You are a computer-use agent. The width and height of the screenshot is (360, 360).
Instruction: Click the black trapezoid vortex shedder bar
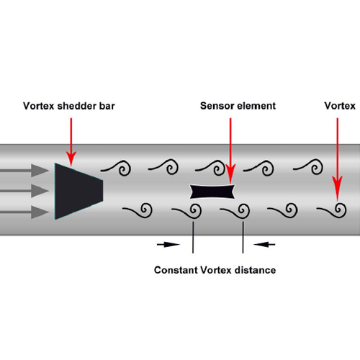tap(78, 192)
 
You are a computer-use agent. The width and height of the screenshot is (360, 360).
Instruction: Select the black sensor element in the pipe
tap(212, 192)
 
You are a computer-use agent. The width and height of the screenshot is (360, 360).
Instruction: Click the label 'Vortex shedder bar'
tap(69, 106)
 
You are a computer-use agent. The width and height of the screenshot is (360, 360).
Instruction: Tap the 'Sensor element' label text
tap(238, 106)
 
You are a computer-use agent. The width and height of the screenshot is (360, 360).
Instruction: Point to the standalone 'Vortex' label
tap(340, 106)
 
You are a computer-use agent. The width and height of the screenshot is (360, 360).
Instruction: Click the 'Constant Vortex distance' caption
tap(215, 270)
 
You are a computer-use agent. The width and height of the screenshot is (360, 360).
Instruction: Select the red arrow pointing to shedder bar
tap(71, 142)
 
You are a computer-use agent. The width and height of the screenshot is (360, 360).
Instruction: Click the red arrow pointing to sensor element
tap(230, 150)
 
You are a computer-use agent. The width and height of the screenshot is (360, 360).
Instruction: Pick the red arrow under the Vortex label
tap(338, 160)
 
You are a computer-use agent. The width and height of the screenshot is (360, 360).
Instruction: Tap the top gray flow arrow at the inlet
tap(24, 171)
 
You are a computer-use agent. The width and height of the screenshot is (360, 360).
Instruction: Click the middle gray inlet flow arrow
tap(24, 191)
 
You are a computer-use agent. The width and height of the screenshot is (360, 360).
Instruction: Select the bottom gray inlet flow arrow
tap(24, 212)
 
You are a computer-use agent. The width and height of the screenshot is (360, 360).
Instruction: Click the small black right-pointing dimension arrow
tap(168, 245)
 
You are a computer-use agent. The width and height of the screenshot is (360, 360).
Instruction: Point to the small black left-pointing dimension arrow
tap(264, 245)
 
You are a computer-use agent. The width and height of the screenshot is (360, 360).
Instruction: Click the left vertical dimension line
tap(193, 237)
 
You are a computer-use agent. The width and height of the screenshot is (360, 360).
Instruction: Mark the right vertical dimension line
tap(243, 237)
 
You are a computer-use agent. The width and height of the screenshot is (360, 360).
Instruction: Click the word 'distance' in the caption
tap(255, 270)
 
